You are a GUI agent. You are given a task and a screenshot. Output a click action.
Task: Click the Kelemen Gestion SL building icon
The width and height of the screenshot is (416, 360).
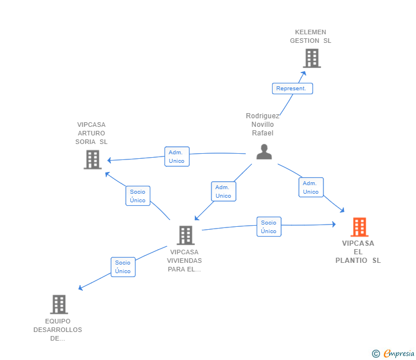tap(311, 58)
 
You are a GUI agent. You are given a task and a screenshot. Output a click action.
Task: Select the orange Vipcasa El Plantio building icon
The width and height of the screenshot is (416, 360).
tap(359, 227)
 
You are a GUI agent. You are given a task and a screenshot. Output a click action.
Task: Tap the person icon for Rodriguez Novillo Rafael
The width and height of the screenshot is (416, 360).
tap(264, 151)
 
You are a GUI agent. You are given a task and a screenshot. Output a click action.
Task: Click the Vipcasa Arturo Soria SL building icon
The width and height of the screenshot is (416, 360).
tap(93, 159)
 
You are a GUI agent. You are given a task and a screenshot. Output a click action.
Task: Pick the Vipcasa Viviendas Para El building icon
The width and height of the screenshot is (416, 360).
tap(185, 235)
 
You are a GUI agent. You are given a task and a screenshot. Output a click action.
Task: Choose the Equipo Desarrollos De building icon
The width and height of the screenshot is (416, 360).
tap(59, 305)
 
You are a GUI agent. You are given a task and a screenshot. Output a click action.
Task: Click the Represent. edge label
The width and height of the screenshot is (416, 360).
tap(291, 89)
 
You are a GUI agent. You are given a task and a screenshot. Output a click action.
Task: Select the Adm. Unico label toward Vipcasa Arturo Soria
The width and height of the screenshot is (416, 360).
tap(177, 157)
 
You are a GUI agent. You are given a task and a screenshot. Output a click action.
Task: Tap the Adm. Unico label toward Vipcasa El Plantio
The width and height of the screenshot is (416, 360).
tap(311, 187)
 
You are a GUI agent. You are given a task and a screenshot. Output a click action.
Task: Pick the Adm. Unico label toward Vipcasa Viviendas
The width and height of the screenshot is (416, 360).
tap(223, 191)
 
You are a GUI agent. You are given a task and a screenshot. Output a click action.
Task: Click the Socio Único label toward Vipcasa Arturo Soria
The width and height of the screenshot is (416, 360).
tap(138, 196)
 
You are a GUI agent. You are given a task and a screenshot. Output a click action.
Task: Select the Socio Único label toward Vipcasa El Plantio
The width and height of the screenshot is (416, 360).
tap(269, 227)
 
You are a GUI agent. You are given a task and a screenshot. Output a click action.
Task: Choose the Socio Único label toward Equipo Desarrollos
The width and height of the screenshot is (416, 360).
tap(123, 267)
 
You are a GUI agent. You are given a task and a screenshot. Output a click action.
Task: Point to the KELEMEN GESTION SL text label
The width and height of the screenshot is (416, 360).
tap(310, 37)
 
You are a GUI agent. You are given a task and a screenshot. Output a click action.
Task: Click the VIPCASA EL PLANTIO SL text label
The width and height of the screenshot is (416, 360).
tap(358, 252)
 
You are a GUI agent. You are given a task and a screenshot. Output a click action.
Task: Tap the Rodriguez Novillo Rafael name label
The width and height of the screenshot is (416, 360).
tap(263, 125)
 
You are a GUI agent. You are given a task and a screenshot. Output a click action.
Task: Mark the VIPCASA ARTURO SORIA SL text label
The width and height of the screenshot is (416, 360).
tap(91, 133)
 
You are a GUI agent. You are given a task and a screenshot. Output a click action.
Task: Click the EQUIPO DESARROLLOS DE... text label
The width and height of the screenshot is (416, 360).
tap(58, 330)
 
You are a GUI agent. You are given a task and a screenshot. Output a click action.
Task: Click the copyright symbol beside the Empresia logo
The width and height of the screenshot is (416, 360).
tap(376, 354)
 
